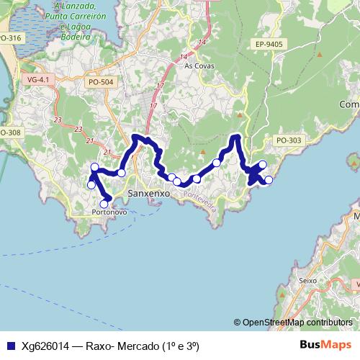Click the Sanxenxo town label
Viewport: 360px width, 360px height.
pos(148,194)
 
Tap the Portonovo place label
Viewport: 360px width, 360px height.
pos(110,212)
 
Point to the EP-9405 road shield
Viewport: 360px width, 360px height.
pos(269,45)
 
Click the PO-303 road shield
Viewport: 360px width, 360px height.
pos(289,140)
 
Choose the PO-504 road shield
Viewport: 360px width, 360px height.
pos(101,83)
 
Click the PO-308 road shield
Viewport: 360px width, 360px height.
pos(10,132)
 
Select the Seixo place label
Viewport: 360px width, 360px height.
pos(307,280)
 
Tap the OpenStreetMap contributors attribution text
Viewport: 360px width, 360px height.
pos(297,323)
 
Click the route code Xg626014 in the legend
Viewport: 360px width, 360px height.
pos(45,346)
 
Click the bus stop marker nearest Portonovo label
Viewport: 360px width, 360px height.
pos(104,204)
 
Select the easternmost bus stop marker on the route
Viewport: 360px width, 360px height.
pos(269,180)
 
